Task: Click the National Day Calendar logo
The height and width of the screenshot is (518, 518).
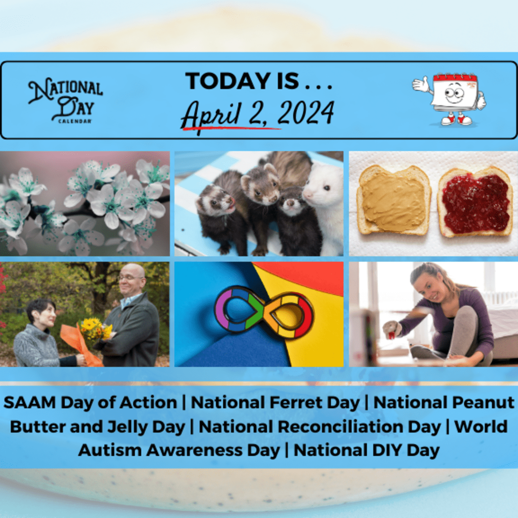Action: click(x=66, y=101)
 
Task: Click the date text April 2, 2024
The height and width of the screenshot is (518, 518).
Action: click(x=258, y=114)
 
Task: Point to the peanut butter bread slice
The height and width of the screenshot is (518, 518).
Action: click(x=393, y=199)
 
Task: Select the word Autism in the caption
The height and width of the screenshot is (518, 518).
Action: click(x=110, y=450)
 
